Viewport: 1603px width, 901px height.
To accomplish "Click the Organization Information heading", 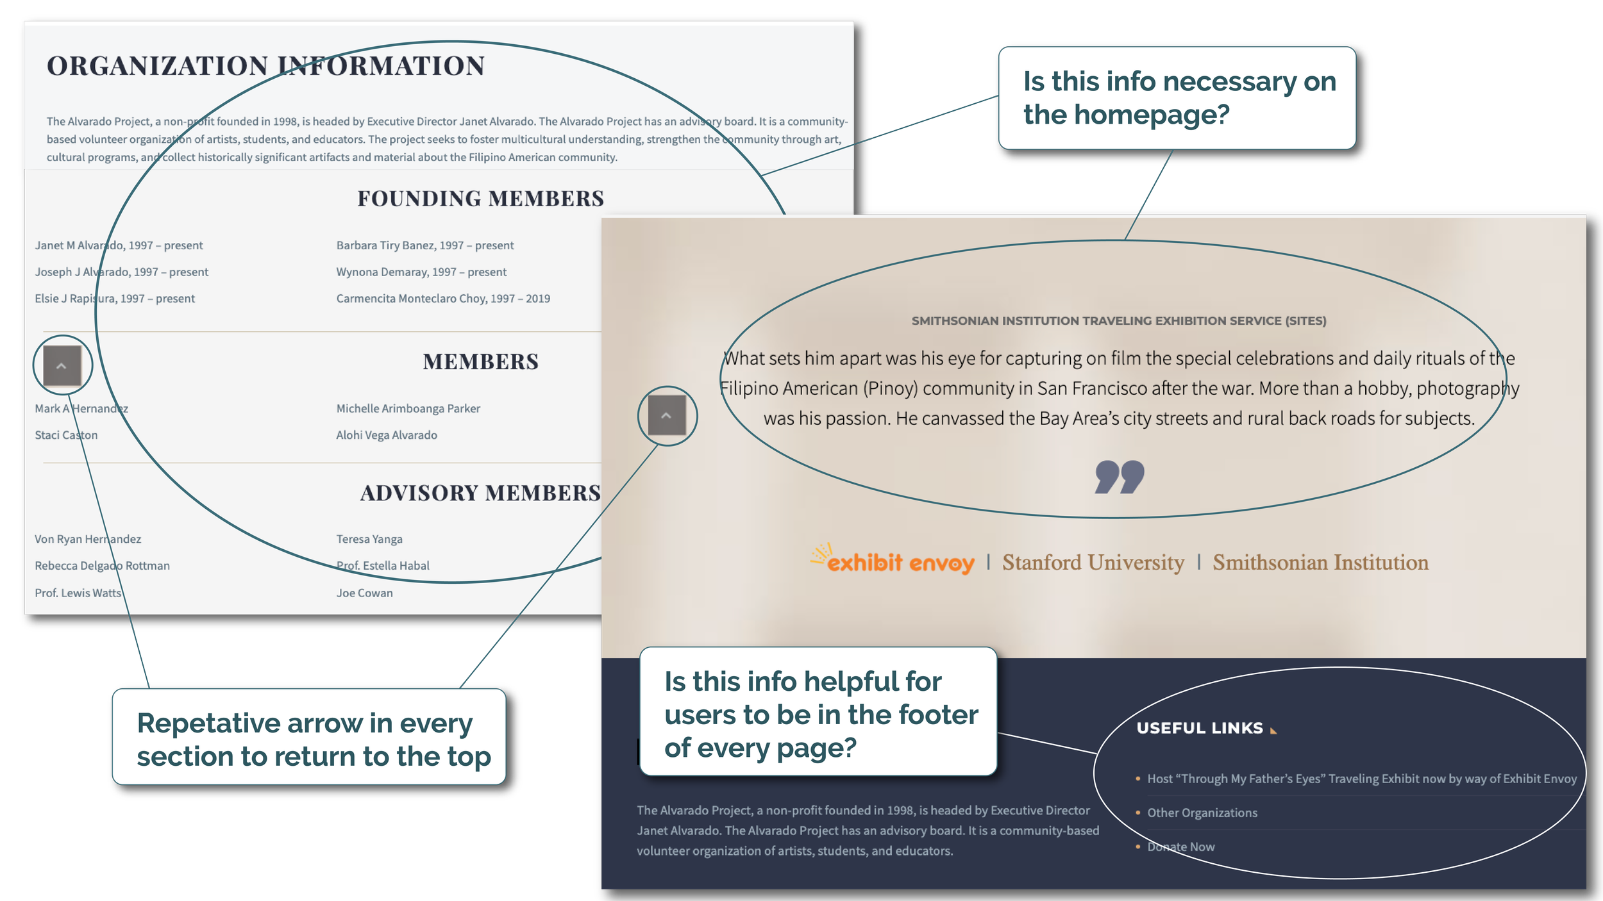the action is (x=265, y=66).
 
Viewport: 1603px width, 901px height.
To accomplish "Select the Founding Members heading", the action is (x=480, y=199).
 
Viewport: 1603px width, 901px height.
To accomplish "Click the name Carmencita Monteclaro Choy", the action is (x=443, y=299).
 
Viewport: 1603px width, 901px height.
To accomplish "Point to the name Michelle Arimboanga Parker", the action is (x=408, y=409).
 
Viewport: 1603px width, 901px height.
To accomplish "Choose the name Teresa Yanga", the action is (x=369, y=540).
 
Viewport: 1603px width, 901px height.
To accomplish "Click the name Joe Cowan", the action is (x=364, y=593).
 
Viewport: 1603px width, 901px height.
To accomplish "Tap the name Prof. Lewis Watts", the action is (x=78, y=593).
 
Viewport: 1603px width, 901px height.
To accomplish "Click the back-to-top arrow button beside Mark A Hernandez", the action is (x=62, y=366).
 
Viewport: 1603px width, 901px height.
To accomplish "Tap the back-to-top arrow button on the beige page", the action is (x=667, y=416).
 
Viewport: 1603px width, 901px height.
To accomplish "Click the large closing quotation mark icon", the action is (x=1119, y=477).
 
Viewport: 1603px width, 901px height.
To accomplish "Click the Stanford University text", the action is (x=1093, y=563).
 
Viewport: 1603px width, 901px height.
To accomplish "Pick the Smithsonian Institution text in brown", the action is (x=1320, y=563).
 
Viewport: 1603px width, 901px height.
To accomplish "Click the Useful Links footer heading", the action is (x=1200, y=728).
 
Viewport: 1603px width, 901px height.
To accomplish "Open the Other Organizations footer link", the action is (x=1202, y=813).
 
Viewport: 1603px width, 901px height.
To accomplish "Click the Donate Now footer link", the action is (x=1181, y=847).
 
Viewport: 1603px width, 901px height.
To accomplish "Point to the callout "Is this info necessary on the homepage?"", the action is (x=1179, y=98).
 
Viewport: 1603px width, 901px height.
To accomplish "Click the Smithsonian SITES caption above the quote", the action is (x=1119, y=321).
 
